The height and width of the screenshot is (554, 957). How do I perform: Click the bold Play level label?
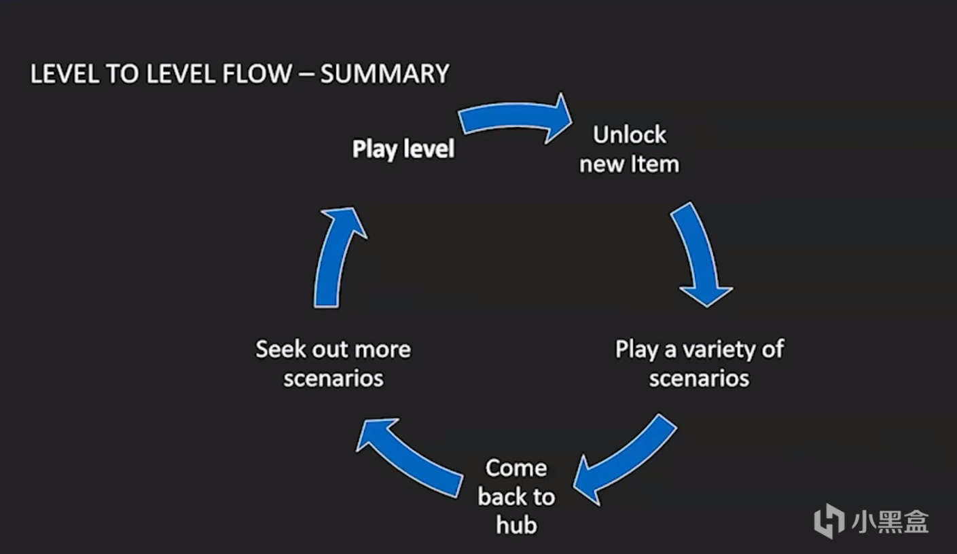click(x=403, y=149)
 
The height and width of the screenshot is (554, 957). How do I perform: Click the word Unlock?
click(x=630, y=134)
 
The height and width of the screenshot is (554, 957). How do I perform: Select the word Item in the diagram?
click(x=654, y=164)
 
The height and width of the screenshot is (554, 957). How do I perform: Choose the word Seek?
click(x=279, y=350)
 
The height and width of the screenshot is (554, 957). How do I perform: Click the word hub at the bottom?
click(x=516, y=525)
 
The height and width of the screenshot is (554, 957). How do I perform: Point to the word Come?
click(x=516, y=468)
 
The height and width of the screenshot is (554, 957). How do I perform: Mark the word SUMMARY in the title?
click(x=384, y=73)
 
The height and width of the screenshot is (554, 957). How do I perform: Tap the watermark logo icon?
click(x=829, y=521)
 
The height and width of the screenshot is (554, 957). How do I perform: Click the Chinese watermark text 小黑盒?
click(x=890, y=521)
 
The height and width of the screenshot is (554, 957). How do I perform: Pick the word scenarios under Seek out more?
click(x=333, y=378)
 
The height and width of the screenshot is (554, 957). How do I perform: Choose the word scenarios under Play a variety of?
click(x=699, y=378)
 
